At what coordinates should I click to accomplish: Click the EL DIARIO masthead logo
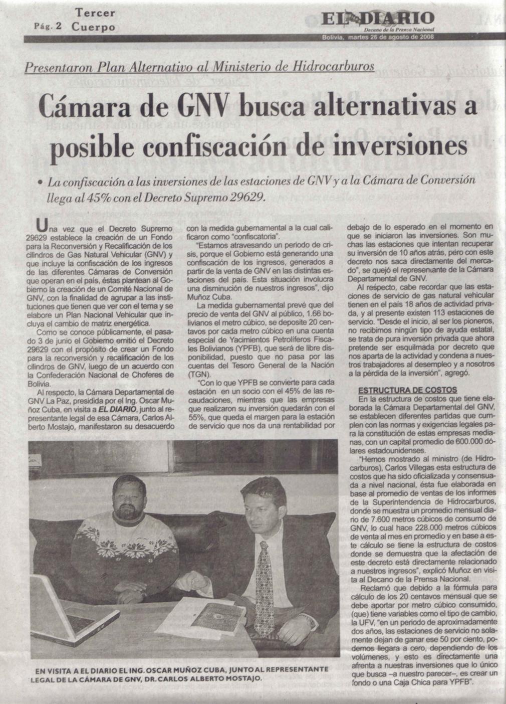pos(378,21)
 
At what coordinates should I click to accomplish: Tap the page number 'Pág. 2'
pos(48,26)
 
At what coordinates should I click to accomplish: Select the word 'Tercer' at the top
pos(94,12)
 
